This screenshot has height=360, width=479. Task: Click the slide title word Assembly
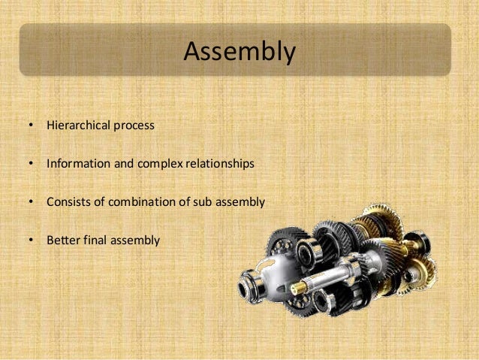click(239, 52)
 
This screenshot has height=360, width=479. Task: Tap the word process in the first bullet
click(134, 126)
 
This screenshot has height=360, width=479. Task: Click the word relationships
click(222, 163)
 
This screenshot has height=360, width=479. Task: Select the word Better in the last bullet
click(62, 241)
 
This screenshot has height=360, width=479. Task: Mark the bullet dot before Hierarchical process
click(30, 126)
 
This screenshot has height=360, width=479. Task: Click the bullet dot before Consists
click(30, 202)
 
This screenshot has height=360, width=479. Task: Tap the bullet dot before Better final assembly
click(30, 241)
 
